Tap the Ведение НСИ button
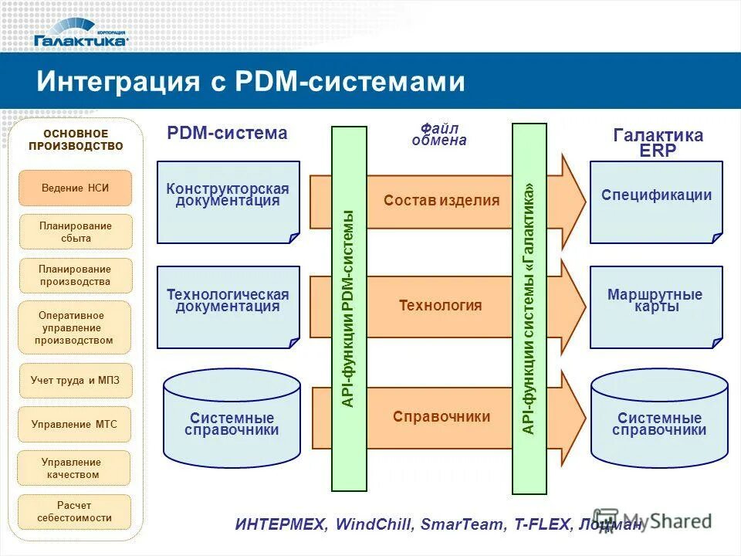75,188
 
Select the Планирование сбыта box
75,232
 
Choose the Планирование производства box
75,275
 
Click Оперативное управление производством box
75,327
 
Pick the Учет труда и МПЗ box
75,380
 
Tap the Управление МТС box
75,424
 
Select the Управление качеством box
75,467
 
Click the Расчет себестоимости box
75,511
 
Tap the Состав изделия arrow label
442,201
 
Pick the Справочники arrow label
441,417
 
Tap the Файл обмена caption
438,134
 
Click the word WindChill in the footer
375,524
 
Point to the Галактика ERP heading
658,143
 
